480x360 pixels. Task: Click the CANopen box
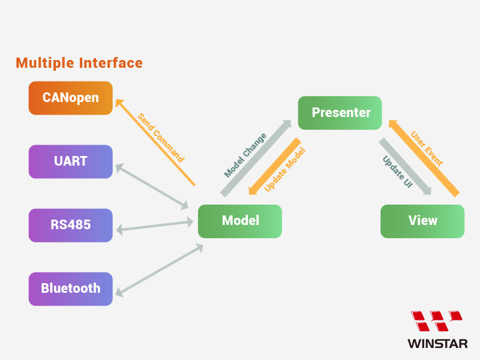click(x=71, y=98)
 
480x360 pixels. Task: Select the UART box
click(x=71, y=161)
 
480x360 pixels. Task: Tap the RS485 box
click(x=71, y=225)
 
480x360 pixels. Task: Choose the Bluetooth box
click(x=71, y=289)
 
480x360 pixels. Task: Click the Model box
click(x=240, y=221)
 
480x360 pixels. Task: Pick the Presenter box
click(x=340, y=113)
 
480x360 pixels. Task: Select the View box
click(x=422, y=221)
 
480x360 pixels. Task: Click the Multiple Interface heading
click(x=79, y=63)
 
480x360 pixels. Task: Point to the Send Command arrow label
click(x=161, y=138)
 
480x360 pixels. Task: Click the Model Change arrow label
click(x=245, y=155)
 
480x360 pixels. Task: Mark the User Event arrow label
click(x=427, y=149)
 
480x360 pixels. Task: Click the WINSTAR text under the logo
click(x=437, y=344)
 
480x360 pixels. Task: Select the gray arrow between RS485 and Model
click(x=154, y=226)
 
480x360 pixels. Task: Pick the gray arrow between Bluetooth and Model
click(x=159, y=270)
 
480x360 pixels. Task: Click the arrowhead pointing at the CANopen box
click(x=118, y=103)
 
